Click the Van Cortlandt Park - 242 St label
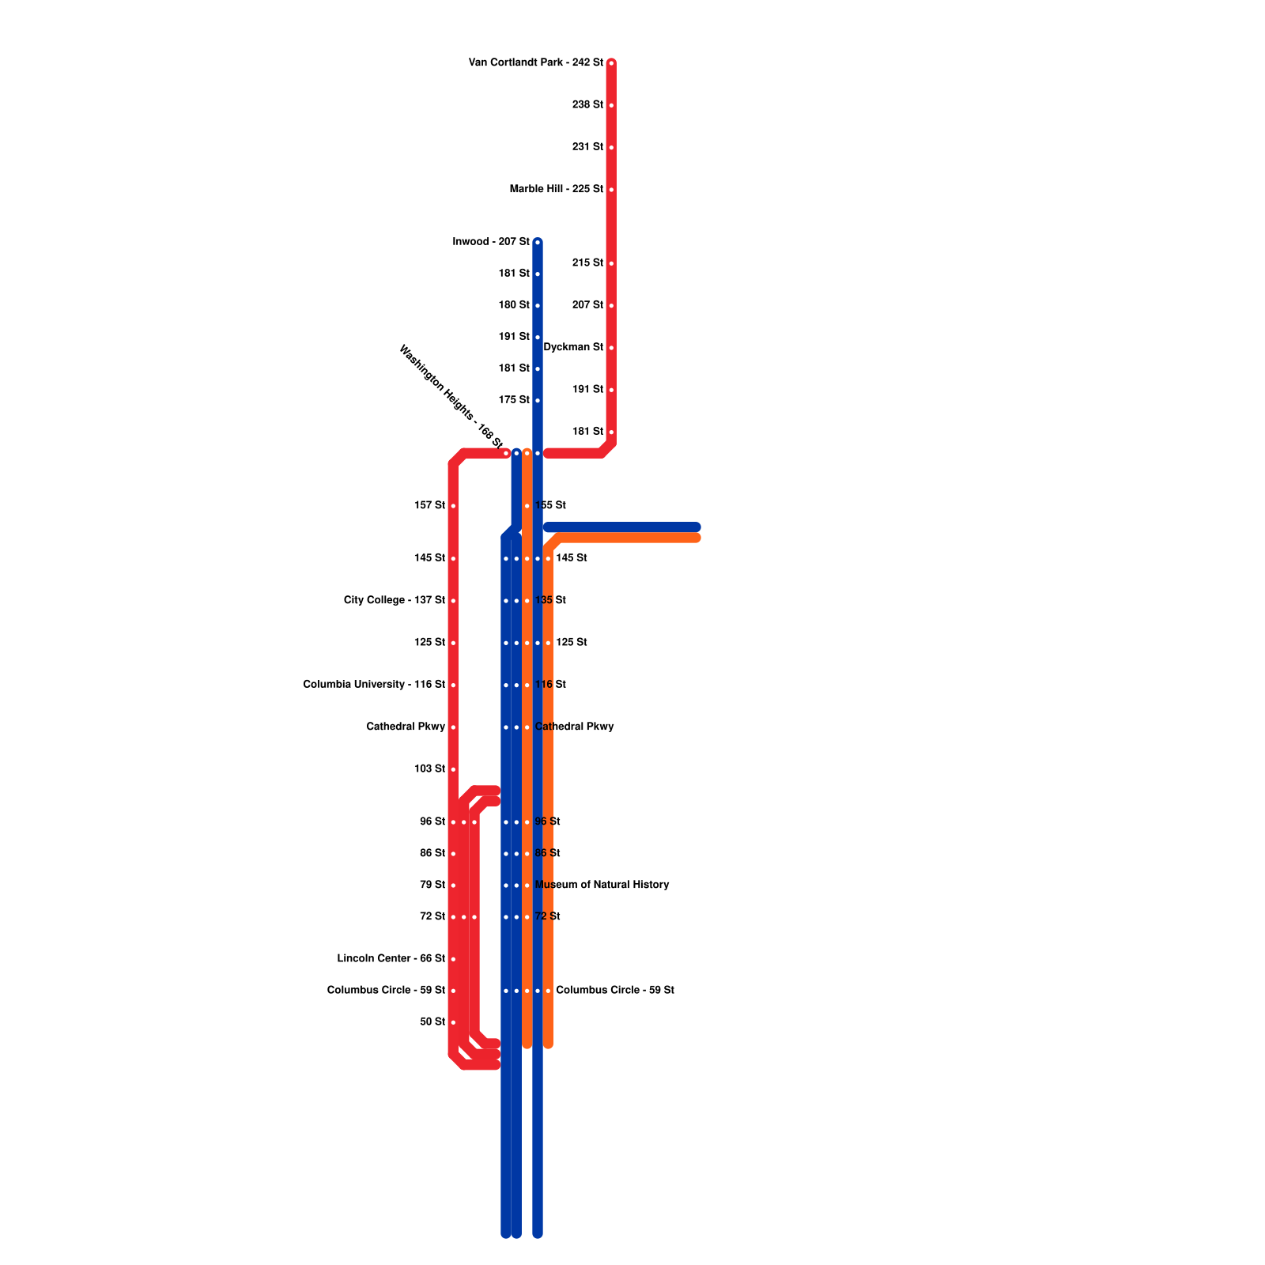535,62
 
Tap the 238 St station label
587,104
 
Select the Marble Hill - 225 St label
556,189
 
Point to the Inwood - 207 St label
490,241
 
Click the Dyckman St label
573,347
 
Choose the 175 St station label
514,400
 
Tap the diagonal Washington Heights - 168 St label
451,397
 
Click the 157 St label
429,505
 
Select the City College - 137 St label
394,600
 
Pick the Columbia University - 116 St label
374,685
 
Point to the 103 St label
429,768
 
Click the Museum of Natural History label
602,885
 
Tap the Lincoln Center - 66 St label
391,958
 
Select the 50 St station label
432,1021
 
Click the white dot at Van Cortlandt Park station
611,63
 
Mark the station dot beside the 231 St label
611,148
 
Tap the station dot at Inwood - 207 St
538,242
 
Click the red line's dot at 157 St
453,506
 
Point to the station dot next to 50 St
453,1022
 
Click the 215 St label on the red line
587,262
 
